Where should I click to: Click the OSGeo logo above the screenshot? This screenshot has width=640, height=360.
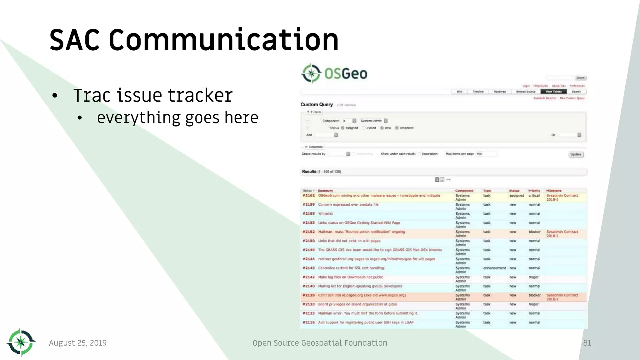coord(334,73)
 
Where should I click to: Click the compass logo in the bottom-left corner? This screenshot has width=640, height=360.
coord(21,342)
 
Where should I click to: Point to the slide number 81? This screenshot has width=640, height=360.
coord(587,343)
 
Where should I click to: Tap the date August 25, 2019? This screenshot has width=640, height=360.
coord(78,343)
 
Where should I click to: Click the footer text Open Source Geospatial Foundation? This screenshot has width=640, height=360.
coord(320,343)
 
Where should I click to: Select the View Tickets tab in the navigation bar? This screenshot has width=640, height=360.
coord(553,92)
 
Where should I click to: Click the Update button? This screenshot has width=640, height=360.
coord(576,154)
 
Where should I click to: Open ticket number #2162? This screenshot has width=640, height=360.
coord(308,196)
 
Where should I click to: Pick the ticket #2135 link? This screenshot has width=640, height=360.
coord(308,295)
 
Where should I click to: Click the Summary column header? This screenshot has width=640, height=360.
coord(325,191)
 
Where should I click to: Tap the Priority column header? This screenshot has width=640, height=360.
coord(534,191)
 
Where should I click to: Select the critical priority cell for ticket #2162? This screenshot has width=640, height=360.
coord(534,196)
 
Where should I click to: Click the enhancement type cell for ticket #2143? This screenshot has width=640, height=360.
coord(494,268)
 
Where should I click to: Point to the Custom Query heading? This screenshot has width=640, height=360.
coord(317,104)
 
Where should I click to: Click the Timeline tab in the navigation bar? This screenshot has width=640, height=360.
coord(478,92)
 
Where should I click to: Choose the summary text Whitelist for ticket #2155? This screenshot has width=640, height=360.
coord(325,214)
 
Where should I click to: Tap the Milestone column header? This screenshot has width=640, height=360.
coord(554,191)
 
